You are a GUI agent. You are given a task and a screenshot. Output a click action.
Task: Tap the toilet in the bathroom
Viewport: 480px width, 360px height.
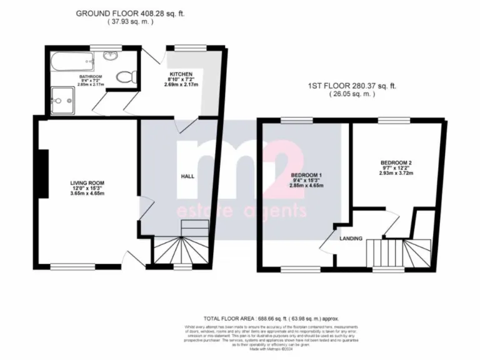pyautogui.click(x=127, y=76)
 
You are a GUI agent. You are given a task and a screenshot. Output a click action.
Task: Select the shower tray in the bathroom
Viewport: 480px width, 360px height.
pyautogui.click(x=63, y=99)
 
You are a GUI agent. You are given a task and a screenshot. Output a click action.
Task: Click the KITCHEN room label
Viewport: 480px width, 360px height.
pyautogui.click(x=181, y=74)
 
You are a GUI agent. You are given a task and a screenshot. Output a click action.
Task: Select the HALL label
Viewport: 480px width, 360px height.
pyautogui.click(x=187, y=176)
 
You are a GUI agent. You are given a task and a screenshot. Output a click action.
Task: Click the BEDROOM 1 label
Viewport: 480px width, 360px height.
pyautogui.click(x=306, y=174)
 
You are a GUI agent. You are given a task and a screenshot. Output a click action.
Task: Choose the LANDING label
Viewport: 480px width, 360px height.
pyautogui.click(x=351, y=238)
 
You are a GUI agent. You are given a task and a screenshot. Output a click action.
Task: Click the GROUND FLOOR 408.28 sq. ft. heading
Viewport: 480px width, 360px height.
pyautogui.click(x=130, y=12)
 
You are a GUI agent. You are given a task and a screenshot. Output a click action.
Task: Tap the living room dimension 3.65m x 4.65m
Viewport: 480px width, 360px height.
pyautogui.click(x=86, y=194)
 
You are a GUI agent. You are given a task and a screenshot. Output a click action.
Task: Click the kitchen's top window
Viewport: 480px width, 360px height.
pyautogui.click(x=183, y=47)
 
